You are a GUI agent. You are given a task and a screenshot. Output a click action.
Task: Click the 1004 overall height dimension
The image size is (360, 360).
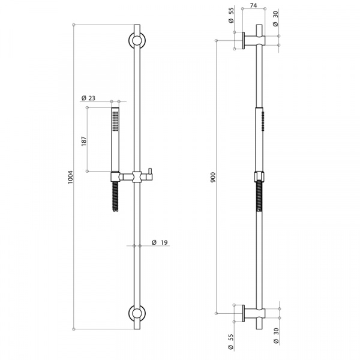(x=70, y=177)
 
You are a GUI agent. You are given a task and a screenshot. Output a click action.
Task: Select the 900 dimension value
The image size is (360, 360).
(x=213, y=177)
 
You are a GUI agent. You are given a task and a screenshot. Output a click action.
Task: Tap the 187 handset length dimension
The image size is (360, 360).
(x=84, y=142)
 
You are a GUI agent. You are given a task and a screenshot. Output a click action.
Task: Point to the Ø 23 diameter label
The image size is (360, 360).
(x=88, y=98)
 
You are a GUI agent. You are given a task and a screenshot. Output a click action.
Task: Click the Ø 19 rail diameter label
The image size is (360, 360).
(x=160, y=242)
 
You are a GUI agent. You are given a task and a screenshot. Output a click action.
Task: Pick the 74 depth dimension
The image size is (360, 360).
(x=253, y=5)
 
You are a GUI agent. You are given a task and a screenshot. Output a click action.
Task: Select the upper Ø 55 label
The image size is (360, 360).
(x=231, y=15)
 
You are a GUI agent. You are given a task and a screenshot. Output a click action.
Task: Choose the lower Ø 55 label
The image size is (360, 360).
(x=231, y=341)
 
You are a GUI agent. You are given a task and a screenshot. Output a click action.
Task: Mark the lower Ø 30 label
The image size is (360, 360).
(x=276, y=335)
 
